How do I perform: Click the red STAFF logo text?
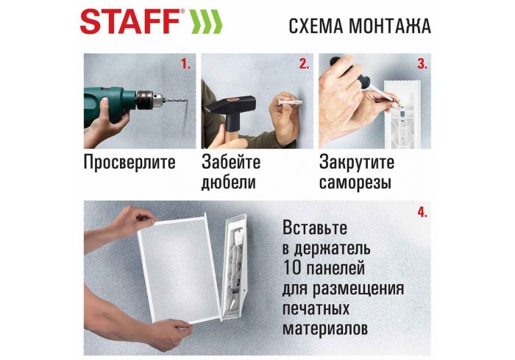click(x=129, y=22)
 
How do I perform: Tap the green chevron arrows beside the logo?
click(x=207, y=23)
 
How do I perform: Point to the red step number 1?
click(x=185, y=64)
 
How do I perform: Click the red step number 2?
click(x=303, y=64)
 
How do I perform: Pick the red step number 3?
click(x=422, y=64)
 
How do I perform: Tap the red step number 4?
click(x=422, y=212)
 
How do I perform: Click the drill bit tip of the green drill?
click(x=185, y=102)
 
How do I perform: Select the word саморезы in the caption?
click(x=355, y=183)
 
